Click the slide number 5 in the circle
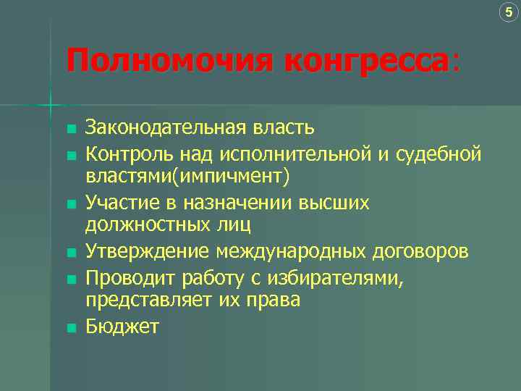tap(509, 12)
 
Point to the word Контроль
tap(124, 154)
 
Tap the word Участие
tap(119, 203)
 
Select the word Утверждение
tap(148, 251)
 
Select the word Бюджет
tap(122, 327)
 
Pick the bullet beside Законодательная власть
tap(70, 130)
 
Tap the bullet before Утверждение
tap(70, 253)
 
